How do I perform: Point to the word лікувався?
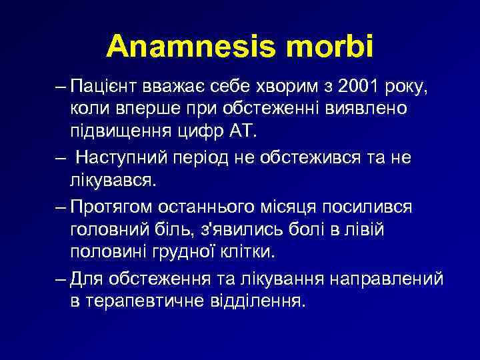click(x=112, y=179)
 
